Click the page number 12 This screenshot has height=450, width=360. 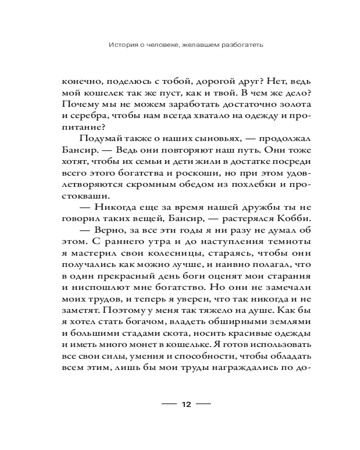[x=186, y=404]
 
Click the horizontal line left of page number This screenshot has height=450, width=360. [x=169, y=404]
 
